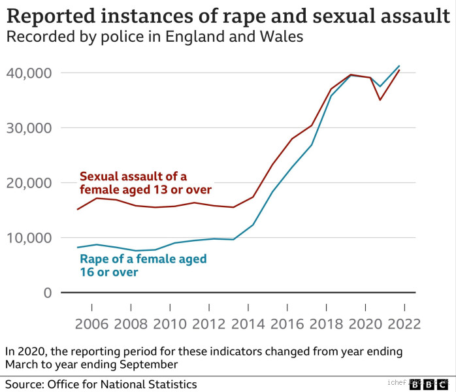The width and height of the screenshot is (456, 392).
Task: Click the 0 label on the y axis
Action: (46, 293)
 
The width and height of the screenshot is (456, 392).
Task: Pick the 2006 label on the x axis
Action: (91, 323)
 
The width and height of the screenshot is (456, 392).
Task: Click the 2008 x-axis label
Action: (131, 323)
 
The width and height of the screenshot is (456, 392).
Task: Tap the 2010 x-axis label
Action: (170, 323)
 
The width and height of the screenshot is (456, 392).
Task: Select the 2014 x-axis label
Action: (248, 323)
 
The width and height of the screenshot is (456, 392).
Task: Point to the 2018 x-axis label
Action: (326, 323)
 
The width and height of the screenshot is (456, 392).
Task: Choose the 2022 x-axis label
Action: (403, 323)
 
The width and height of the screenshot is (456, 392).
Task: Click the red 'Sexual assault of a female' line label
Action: (145, 183)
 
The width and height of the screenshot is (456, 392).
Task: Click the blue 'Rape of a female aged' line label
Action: (142, 265)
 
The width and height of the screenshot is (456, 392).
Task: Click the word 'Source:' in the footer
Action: (25, 384)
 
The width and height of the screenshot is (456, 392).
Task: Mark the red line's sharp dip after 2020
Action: (380, 100)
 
